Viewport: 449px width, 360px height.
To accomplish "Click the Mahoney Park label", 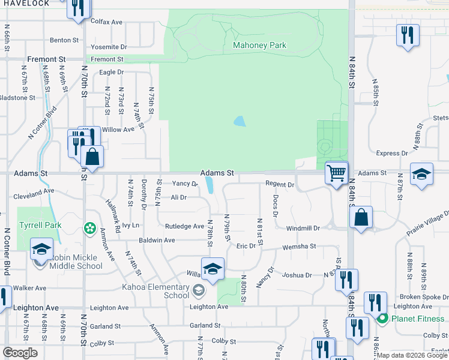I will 259,45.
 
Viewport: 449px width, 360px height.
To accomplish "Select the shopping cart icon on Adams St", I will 337,173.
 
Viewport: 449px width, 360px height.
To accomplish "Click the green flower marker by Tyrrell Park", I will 89,228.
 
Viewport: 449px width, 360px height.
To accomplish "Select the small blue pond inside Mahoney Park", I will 240,121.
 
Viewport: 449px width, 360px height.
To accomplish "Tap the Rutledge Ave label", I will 184,226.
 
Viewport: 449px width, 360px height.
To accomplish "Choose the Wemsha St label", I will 300,247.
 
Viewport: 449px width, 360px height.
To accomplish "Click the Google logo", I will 20,353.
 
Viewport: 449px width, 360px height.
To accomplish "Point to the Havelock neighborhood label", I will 25,4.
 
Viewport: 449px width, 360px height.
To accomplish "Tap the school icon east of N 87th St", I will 421,175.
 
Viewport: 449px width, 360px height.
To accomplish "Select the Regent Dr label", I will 280,185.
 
